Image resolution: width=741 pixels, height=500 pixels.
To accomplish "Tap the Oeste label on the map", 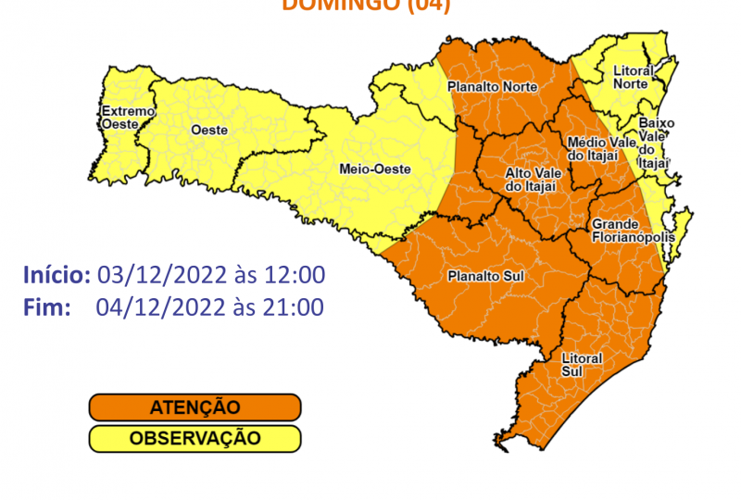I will tap(208, 131).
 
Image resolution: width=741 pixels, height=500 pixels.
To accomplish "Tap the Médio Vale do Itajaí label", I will tap(601, 148).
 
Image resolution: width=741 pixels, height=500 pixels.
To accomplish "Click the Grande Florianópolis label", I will tap(623, 231).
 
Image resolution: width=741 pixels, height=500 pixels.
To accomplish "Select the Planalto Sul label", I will tap(482, 276).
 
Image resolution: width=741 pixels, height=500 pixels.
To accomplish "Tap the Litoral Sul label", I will tap(582, 364).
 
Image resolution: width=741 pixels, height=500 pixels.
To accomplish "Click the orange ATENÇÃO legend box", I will tap(195, 407).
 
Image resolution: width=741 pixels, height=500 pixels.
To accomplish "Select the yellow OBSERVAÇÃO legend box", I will tap(195, 438).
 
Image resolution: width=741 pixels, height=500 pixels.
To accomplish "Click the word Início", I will tap(56, 275).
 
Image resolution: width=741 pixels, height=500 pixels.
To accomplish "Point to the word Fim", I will tap(47, 307).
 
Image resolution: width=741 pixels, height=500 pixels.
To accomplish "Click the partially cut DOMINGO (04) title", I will tap(365, 6).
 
